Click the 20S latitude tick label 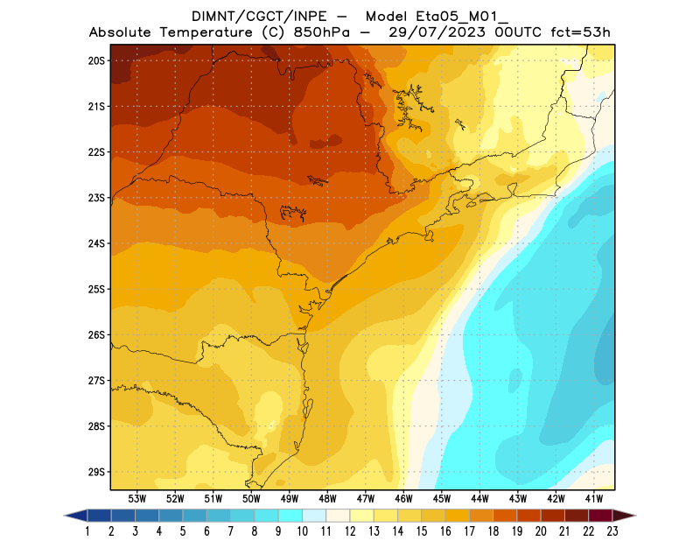tap(96, 60)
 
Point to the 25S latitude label tap(96, 289)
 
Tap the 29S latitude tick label tap(96, 472)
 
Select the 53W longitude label tap(136, 498)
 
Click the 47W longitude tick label tap(366, 498)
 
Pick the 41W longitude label tap(595, 498)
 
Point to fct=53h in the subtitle tap(579, 33)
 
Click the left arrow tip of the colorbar tap(66, 516)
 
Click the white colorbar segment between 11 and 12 tap(338, 516)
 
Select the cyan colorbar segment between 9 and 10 tap(290, 516)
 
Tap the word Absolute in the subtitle tap(126, 33)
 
